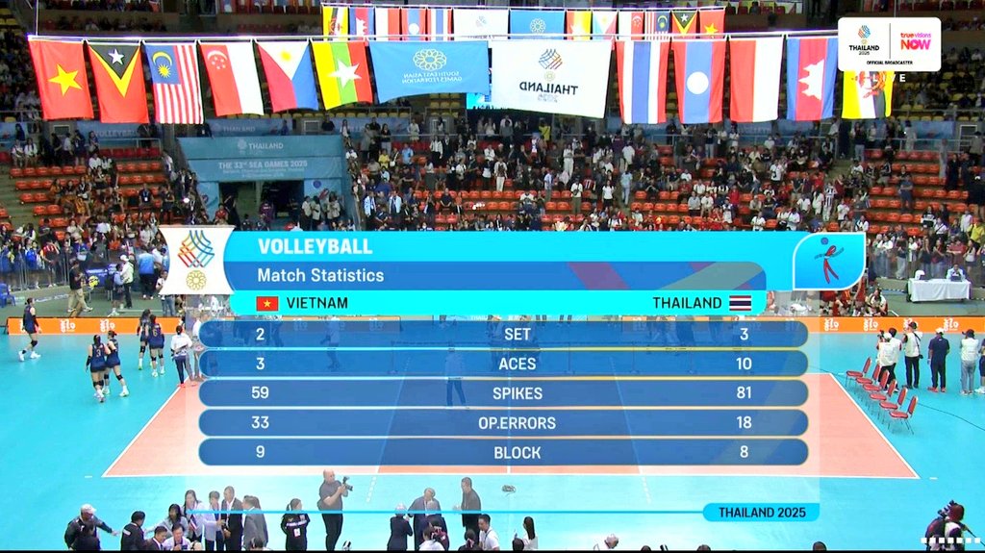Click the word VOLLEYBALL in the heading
click(315, 246)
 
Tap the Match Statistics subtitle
click(320, 275)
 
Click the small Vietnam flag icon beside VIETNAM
click(266, 303)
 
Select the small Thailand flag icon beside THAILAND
click(740, 303)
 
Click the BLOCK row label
click(517, 453)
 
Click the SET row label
click(517, 334)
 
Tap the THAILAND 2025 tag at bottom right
click(760, 512)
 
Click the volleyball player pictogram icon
click(827, 262)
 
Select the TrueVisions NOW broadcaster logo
click(915, 41)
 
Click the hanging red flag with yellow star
click(61, 79)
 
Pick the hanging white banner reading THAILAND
click(550, 77)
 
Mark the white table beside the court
click(938, 289)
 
